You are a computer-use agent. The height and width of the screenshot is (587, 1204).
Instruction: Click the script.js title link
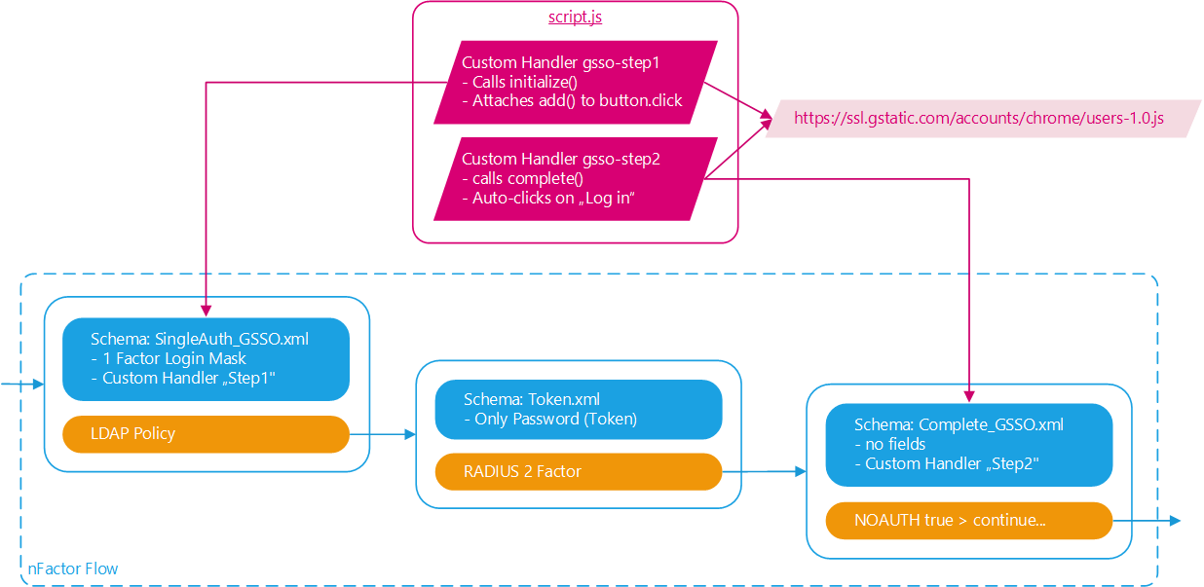575,18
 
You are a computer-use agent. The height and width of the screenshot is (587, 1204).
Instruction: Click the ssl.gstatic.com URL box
978,118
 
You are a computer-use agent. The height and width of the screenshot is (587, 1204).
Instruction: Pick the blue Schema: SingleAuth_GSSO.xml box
206,358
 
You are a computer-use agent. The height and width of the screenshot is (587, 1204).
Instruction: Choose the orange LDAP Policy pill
206,433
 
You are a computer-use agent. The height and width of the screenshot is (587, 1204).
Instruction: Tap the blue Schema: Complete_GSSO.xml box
968,444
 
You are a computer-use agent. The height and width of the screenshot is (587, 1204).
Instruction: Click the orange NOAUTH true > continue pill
968,520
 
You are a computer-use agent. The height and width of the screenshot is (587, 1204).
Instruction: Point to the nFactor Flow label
73,568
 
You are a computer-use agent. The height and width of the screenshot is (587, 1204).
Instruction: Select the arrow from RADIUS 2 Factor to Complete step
765,472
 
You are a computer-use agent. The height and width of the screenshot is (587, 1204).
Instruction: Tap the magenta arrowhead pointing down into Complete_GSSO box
969,396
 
